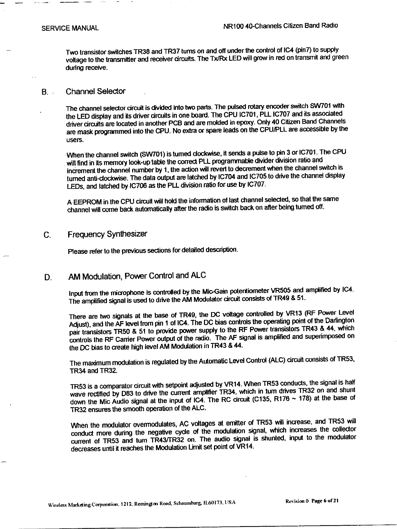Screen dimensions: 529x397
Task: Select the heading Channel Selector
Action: tap(95, 91)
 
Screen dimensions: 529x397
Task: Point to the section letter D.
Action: tap(48, 277)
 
